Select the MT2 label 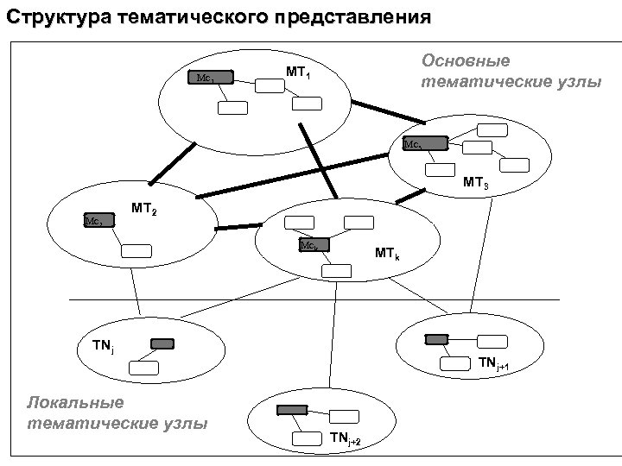(x=143, y=208)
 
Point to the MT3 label (x=476, y=183)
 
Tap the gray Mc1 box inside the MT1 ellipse (x=212, y=78)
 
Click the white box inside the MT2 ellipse (x=136, y=251)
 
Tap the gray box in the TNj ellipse (x=162, y=343)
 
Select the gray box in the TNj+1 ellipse (x=437, y=339)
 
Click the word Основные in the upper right (x=465, y=61)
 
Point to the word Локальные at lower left (x=76, y=403)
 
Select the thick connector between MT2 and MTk (x=238, y=227)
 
